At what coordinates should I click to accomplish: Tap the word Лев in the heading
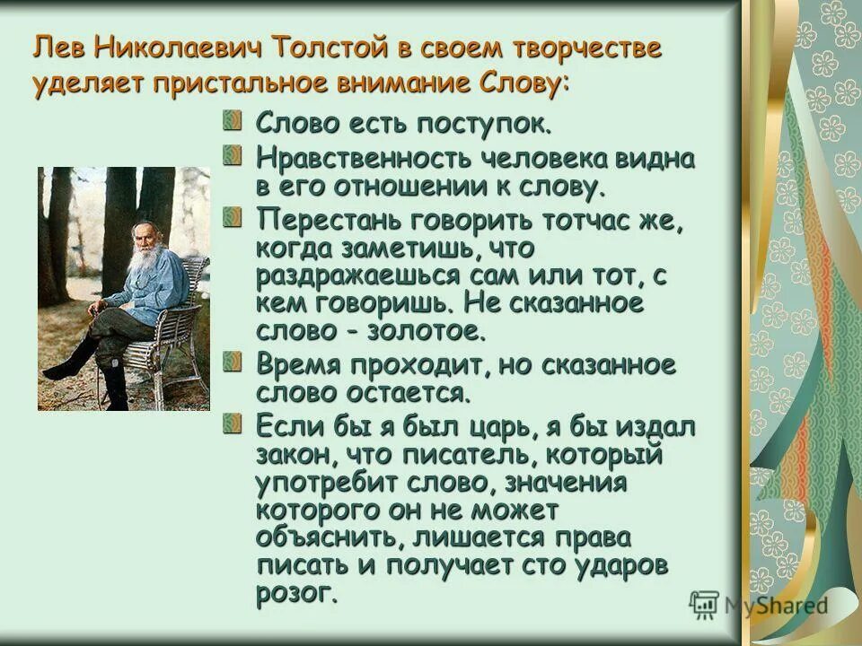[59, 47]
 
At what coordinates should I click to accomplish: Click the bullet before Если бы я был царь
[233, 422]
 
